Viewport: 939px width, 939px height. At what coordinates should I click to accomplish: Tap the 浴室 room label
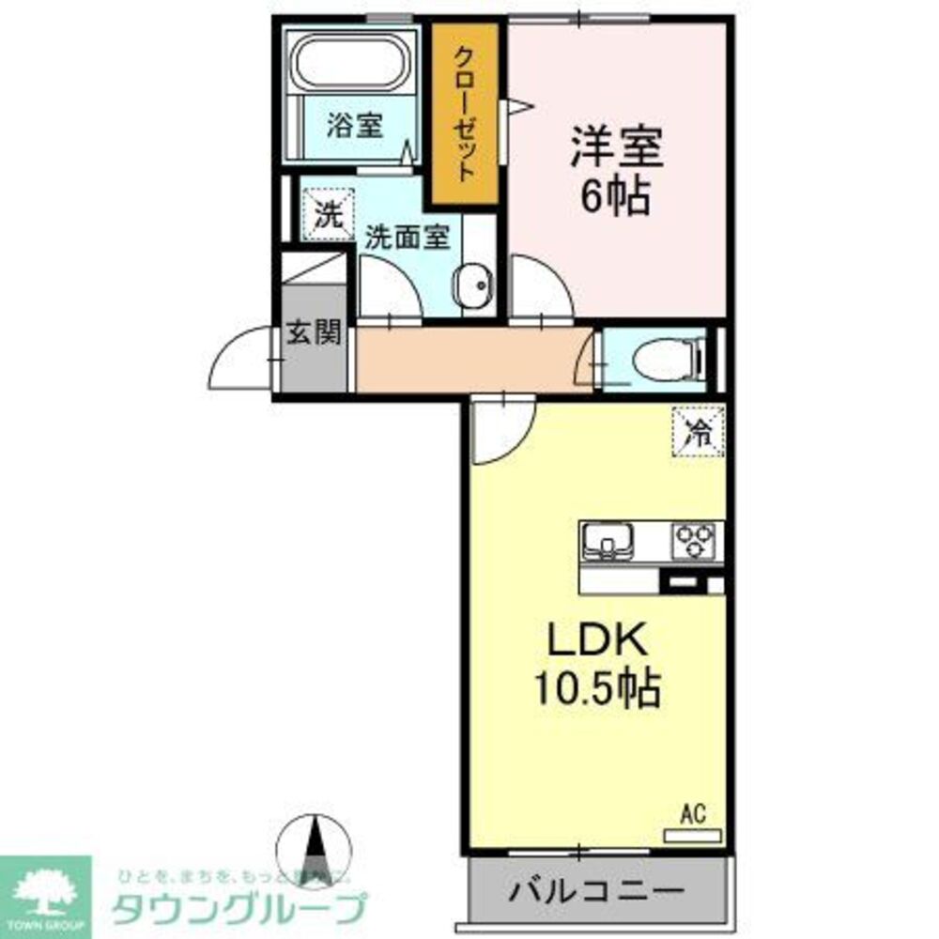[354, 127]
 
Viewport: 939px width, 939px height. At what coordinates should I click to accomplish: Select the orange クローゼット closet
[465, 113]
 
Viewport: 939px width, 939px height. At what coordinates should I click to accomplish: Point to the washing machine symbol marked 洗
[327, 215]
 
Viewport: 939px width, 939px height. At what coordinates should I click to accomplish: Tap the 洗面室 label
[406, 237]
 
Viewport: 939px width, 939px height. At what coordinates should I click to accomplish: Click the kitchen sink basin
[607, 540]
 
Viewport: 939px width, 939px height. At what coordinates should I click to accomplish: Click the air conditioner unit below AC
[692, 833]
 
